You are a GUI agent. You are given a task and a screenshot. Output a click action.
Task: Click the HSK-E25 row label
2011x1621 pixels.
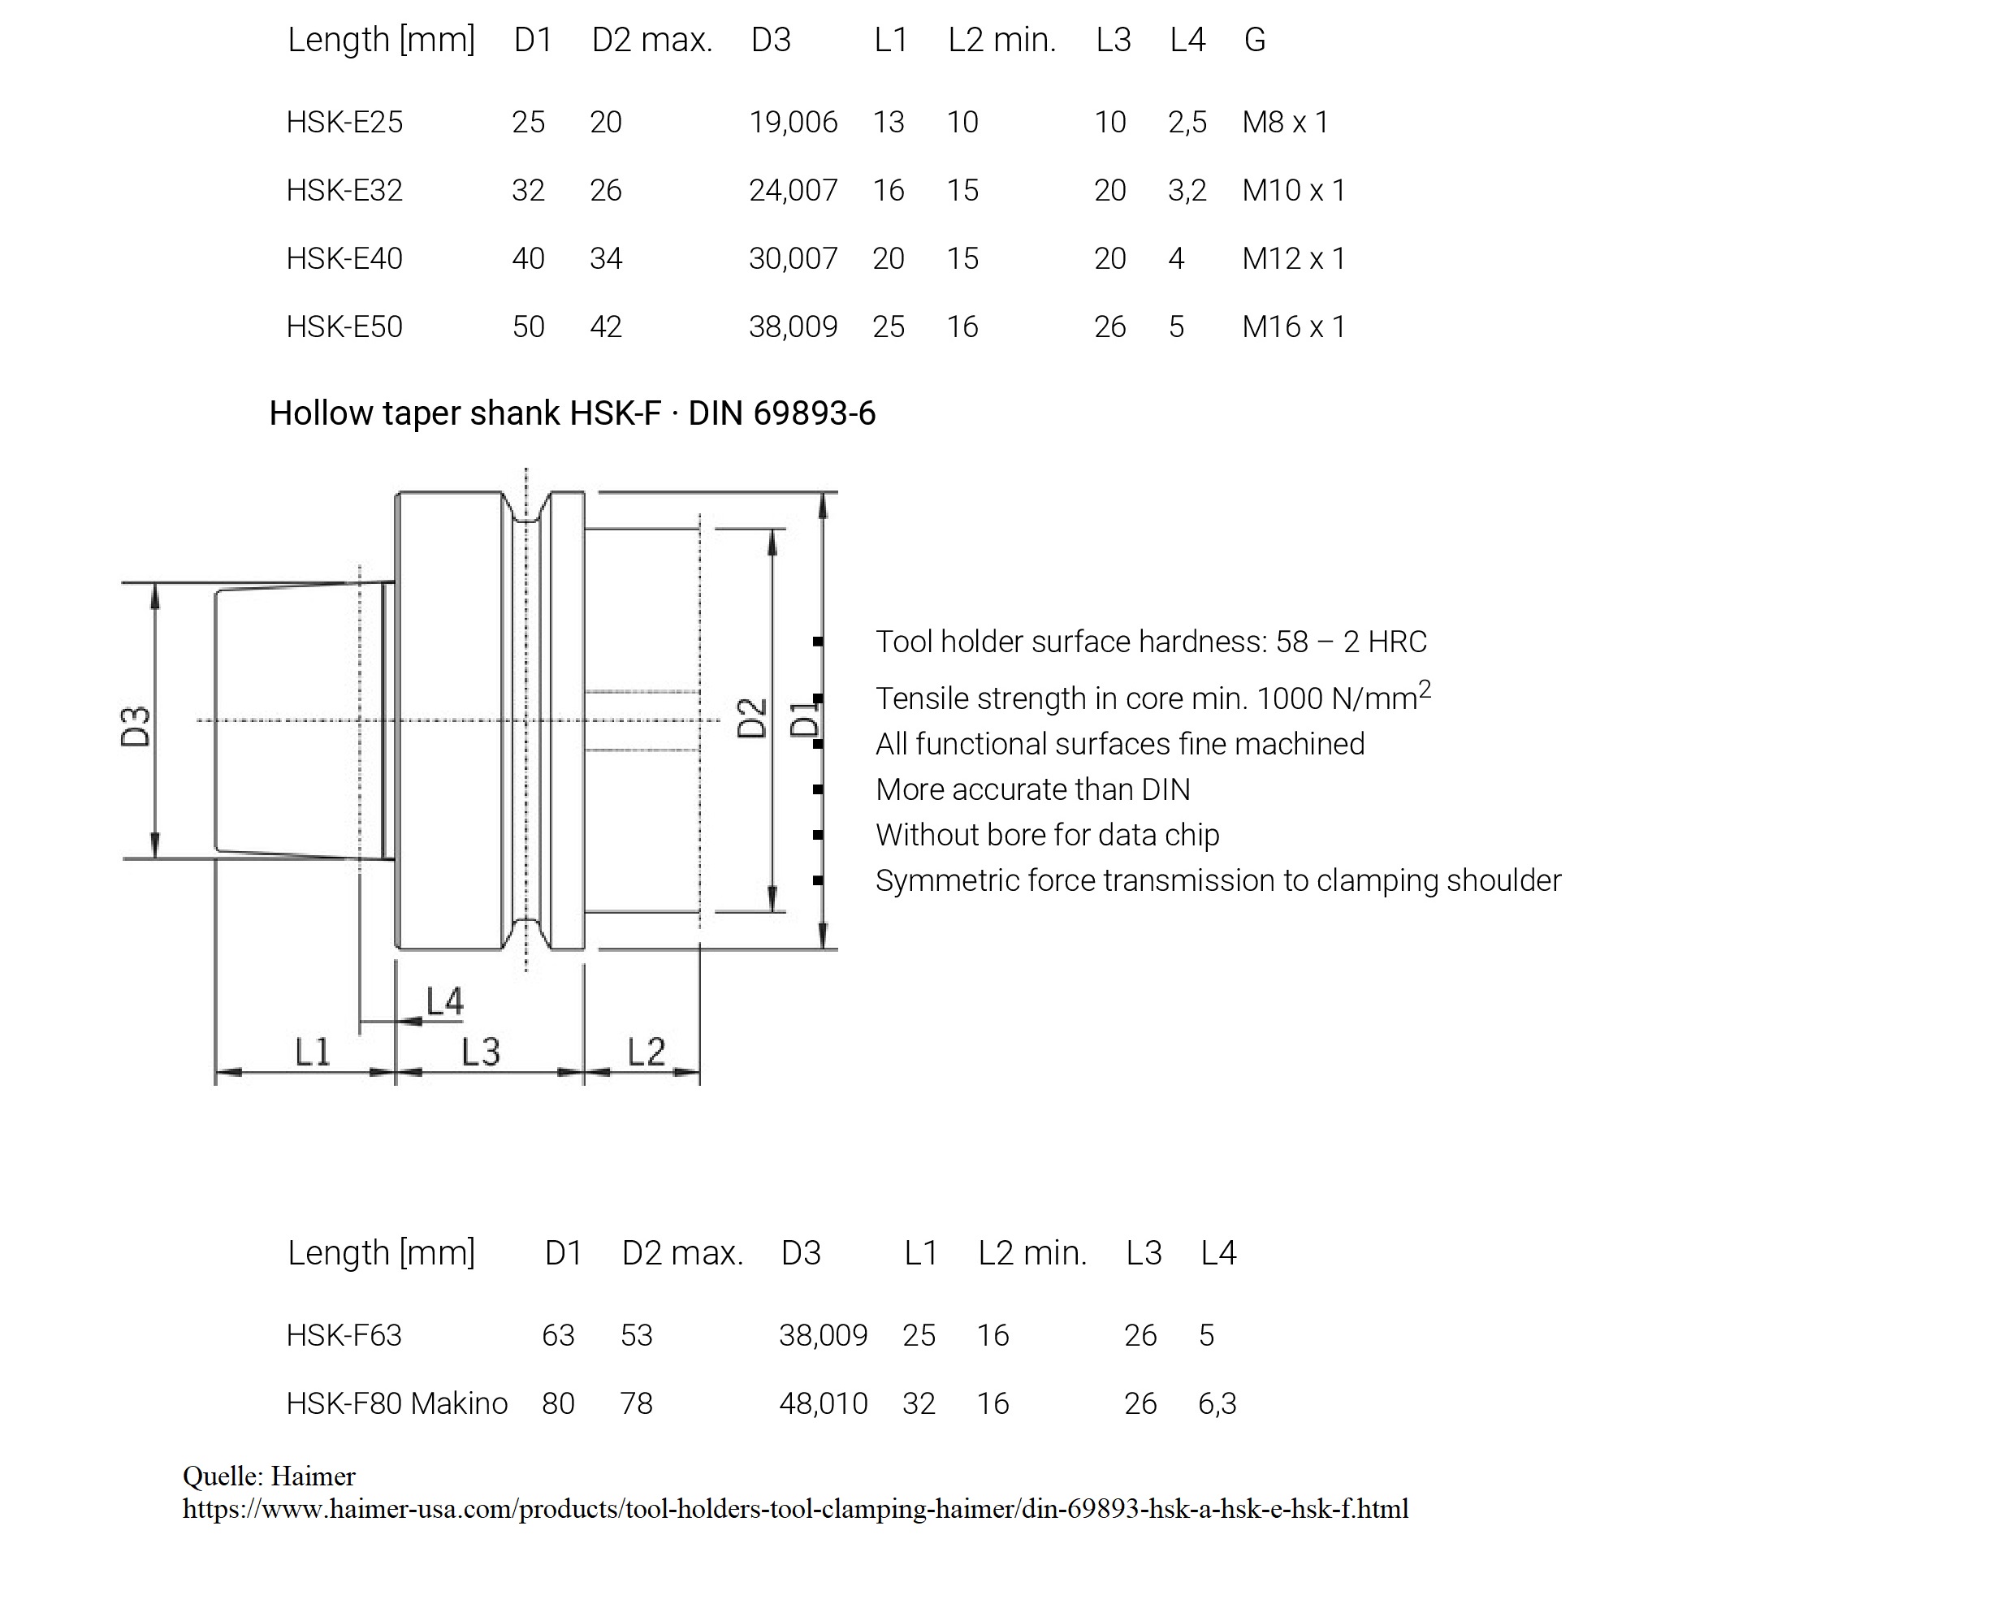pos(344,123)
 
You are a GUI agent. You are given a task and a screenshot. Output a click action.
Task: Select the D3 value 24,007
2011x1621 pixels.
pos(793,191)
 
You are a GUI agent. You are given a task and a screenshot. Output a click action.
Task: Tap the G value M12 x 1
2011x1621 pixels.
pos(1293,258)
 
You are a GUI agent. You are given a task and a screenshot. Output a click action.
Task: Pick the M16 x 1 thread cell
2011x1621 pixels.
pos(1293,326)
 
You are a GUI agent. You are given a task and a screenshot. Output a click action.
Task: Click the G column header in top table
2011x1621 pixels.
pos(1254,40)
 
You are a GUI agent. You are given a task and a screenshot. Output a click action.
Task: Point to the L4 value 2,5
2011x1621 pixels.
pos(1187,123)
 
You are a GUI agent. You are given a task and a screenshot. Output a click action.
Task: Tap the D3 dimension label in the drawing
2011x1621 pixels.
pos(136,727)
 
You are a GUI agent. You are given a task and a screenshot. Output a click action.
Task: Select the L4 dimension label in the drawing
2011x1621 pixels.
pos(444,1002)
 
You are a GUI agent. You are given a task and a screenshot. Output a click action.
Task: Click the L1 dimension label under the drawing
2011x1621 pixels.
pos(313,1053)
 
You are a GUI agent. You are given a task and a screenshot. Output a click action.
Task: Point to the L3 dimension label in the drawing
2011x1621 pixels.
pos(481,1053)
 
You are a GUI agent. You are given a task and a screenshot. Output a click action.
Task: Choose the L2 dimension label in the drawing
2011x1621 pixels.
pos(646,1053)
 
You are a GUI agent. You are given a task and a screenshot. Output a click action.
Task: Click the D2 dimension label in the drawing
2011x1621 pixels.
pos(752,718)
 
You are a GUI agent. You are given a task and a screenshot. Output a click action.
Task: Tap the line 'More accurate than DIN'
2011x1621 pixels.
pos(1032,790)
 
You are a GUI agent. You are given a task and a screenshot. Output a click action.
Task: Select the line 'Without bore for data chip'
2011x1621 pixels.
pos(1047,835)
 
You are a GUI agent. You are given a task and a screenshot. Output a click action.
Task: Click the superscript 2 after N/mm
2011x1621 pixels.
pos(1425,689)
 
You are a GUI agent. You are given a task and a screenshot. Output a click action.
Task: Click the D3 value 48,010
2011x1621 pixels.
pos(823,1403)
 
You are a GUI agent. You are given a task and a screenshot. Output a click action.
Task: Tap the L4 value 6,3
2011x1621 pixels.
pos(1217,1403)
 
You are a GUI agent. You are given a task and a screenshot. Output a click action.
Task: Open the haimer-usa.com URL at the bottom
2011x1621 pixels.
pos(794,1509)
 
